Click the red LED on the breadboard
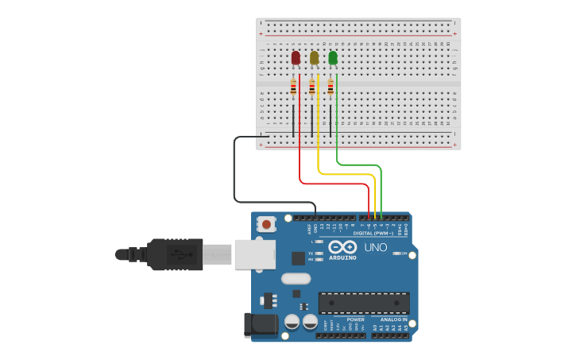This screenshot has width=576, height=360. pyautogui.click(x=296, y=57)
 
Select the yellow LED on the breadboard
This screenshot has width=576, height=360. pyautogui.click(x=314, y=57)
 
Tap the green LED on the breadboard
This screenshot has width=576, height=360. pyautogui.click(x=332, y=57)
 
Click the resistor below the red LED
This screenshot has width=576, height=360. pyautogui.click(x=293, y=87)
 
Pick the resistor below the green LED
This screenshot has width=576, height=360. pyautogui.click(x=331, y=87)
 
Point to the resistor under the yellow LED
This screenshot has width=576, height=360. pyautogui.click(x=312, y=87)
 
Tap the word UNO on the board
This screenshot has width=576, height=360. pyautogui.click(x=376, y=247)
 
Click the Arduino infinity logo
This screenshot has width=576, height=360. pyautogui.click(x=343, y=247)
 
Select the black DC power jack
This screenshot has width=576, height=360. pyautogui.click(x=263, y=324)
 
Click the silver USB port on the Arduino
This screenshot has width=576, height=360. pyautogui.click(x=255, y=254)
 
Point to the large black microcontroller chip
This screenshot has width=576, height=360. pyautogui.click(x=364, y=303)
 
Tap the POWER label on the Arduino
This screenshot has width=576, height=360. pyautogui.click(x=355, y=319)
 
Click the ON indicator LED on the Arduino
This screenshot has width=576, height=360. pyautogui.click(x=396, y=254)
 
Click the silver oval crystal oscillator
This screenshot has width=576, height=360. pyautogui.click(x=296, y=279)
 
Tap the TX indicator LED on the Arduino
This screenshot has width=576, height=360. pyautogui.click(x=319, y=254)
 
